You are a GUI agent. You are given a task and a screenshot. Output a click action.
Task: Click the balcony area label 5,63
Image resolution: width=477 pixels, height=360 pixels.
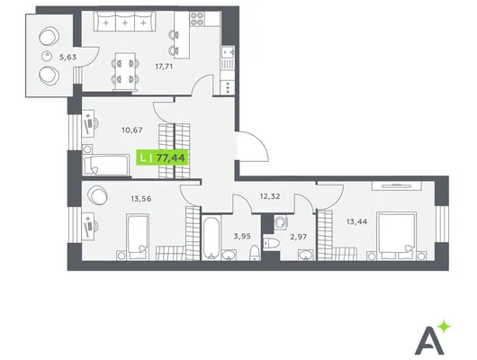tap(67, 57)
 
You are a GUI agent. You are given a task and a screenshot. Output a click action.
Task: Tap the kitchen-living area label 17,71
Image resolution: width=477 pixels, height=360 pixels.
tap(164, 66)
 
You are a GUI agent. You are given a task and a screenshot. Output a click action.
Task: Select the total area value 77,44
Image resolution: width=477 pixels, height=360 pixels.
tap(170, 157)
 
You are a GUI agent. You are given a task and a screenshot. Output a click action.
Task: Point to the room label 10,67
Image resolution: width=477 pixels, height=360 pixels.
tap(132, 130)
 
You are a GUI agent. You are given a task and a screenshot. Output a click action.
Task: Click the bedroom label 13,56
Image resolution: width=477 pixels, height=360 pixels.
tap(140, 199)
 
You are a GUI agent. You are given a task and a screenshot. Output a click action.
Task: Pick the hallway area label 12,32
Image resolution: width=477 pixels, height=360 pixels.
tap(270, 196)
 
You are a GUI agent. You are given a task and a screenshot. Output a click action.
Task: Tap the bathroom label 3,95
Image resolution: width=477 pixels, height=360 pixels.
tap(242, 236)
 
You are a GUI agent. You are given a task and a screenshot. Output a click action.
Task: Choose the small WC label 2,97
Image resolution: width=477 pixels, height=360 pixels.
tap(298, 237)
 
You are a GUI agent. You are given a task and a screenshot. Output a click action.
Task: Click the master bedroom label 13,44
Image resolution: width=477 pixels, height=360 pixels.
tap(356, 221)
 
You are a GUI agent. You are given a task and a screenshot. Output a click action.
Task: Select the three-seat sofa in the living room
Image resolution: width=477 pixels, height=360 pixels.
tap(124, 22)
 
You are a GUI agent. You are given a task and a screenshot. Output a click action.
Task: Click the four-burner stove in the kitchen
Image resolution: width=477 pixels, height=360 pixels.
tap(197, 19)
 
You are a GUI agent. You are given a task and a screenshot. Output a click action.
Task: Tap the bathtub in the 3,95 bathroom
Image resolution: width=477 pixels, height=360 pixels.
tap(211, 238)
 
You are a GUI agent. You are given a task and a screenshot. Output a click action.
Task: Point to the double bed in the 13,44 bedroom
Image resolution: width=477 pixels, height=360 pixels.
tap(396, 236)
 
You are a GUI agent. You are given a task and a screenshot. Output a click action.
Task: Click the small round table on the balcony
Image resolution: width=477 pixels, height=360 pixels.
tap(47, 56)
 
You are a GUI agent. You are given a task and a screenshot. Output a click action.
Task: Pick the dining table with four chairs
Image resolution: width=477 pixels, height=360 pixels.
tap(125, 72)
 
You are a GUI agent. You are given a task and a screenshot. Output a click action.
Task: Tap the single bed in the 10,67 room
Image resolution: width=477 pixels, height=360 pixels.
tap(105, 165)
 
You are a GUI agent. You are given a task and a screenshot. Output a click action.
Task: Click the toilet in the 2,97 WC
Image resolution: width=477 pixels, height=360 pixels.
tap(272, 243)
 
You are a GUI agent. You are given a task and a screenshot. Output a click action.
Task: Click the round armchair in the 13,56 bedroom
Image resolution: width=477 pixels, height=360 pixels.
tap(97, 195)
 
